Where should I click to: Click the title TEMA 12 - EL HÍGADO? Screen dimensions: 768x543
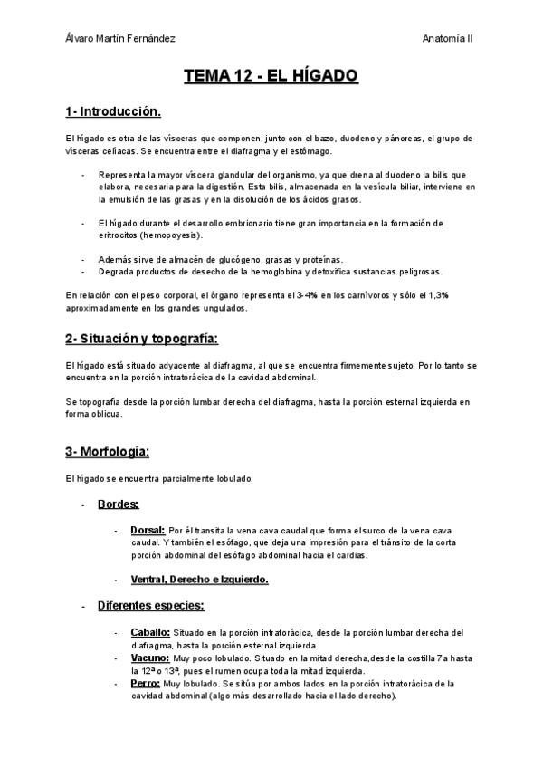click(271, 78)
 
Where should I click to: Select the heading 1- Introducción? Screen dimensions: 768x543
click(113, 112)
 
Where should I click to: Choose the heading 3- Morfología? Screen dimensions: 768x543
click(108, 451)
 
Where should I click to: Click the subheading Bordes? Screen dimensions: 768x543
click(119, 504)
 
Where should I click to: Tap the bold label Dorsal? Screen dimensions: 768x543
click(148, 530)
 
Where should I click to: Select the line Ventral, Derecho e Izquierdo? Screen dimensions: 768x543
click(199, 579)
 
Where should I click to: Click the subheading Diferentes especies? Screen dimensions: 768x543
click(150, 605)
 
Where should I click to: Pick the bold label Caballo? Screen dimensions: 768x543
click(150, 632)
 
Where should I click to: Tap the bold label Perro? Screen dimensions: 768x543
click(146, 684)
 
